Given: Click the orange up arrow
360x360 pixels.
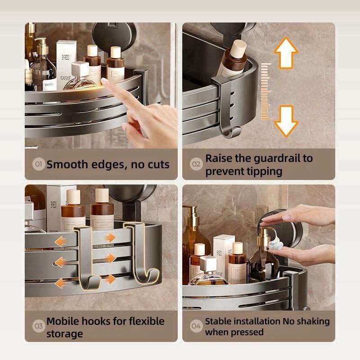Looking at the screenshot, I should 286,53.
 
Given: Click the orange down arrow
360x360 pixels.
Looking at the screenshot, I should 286,121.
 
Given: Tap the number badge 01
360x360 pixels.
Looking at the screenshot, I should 39,164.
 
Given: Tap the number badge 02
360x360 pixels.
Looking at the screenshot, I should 196,164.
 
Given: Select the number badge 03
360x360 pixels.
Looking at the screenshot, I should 39,327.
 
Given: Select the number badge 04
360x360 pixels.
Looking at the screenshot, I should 196,326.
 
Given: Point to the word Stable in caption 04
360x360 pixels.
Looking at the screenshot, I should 220,321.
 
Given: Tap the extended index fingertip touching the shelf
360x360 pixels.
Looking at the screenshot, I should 105,81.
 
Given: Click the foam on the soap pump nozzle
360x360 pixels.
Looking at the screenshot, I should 275,244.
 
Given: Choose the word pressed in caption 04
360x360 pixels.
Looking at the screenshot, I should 247,333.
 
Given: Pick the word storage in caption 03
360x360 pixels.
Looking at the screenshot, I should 64,334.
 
